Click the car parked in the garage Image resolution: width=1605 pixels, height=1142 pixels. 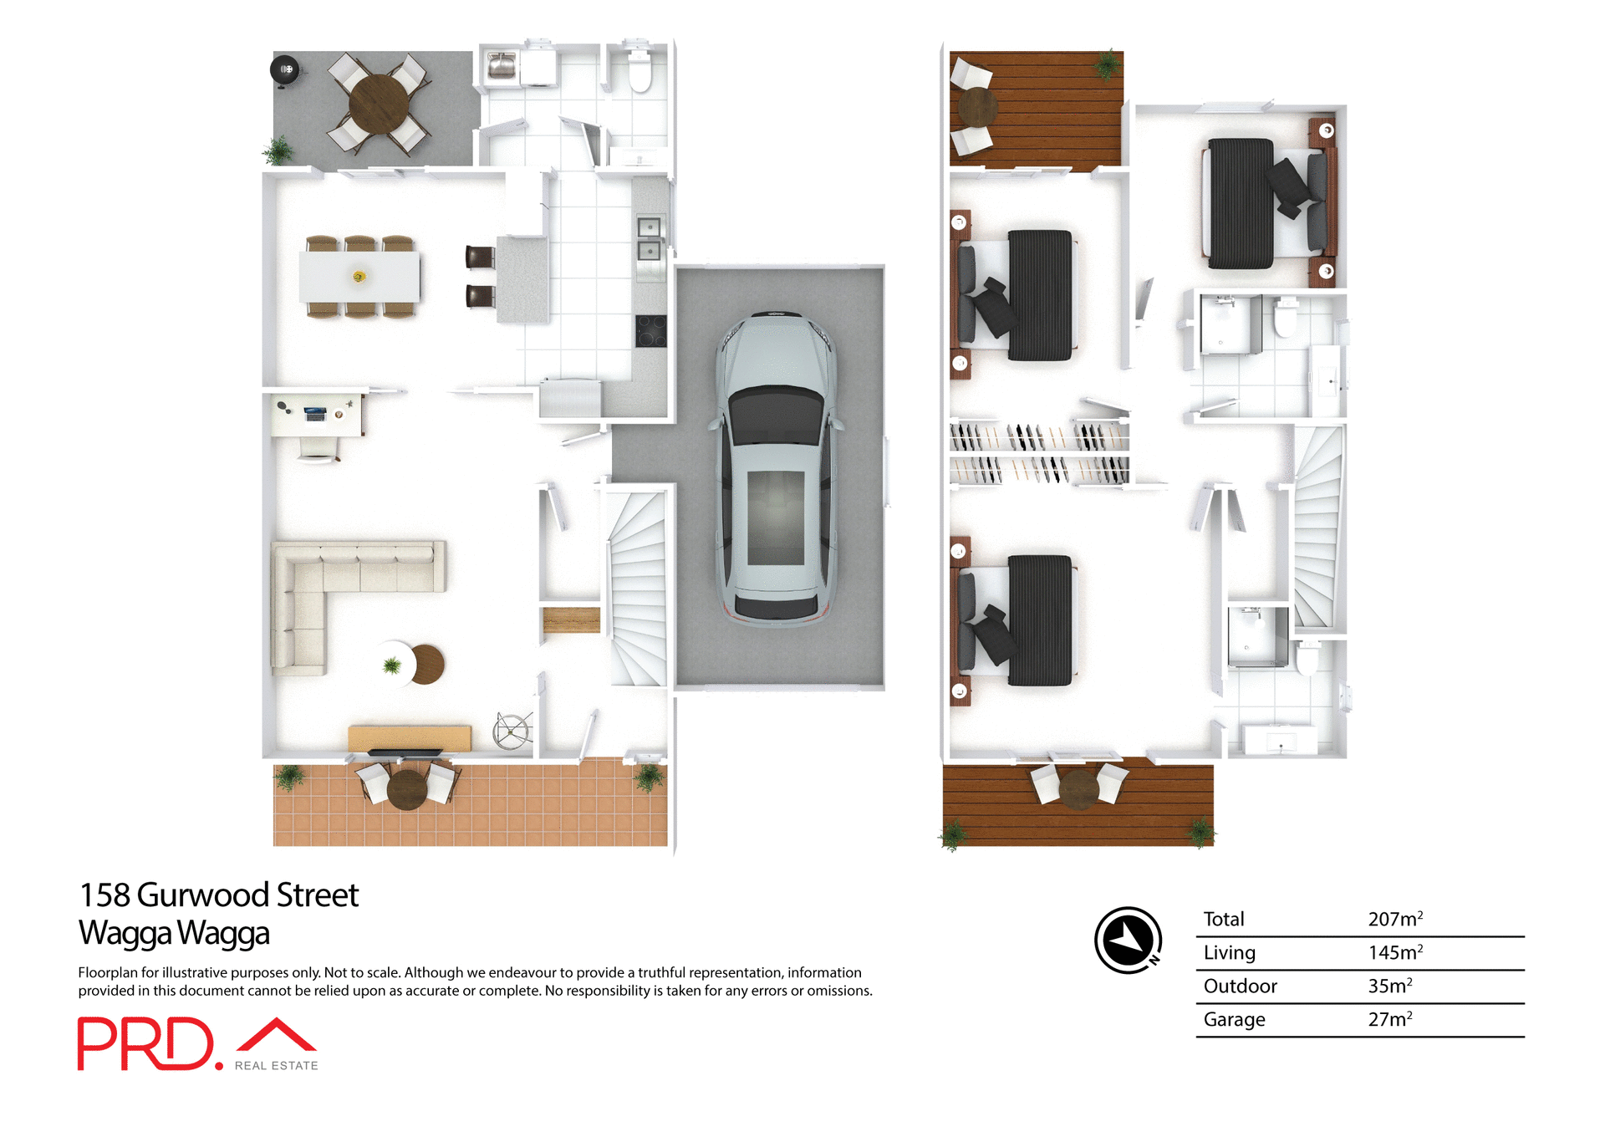click(776, 468)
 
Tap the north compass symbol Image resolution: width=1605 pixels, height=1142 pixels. click(1129, 940)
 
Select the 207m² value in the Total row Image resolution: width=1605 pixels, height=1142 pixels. click(1394, 919)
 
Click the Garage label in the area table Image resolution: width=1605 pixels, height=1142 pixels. click(1234, 1019)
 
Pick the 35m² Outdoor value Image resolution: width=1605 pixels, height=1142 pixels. click(1389, 986)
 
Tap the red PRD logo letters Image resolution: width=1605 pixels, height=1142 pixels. click(146, 1043)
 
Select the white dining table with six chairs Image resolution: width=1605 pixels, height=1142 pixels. click(359, 277)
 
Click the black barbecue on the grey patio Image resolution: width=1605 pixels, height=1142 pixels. click(285, 69)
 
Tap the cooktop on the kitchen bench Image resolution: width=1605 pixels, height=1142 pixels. click(650, 330)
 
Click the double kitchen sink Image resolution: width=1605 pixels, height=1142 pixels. click(650, 238)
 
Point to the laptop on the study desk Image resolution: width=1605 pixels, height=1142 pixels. click(315, 412)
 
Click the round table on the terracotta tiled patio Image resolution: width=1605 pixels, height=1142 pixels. click(407, 788)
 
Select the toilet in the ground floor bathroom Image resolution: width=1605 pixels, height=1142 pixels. click(639, 71)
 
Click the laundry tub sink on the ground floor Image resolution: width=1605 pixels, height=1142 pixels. click(502, 65)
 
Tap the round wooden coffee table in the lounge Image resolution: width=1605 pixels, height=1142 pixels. click(427, 664)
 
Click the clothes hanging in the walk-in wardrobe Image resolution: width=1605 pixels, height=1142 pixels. click(1039, 452)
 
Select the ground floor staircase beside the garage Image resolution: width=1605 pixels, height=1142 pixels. click(638, 585)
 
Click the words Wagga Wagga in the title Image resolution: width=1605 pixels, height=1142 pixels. click(174, 933)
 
